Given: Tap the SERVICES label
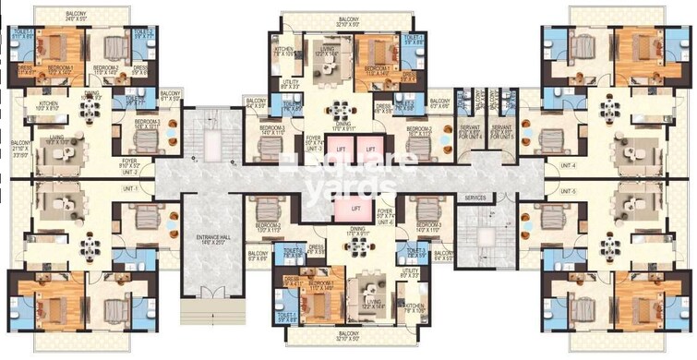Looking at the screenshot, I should pos(475,198).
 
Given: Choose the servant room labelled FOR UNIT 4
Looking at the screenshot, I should pos(469,131).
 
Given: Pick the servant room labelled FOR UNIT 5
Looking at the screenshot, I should pos(502,131).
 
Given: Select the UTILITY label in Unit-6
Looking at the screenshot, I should pos(408,274).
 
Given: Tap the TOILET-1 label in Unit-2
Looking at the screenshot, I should pos(22,33).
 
